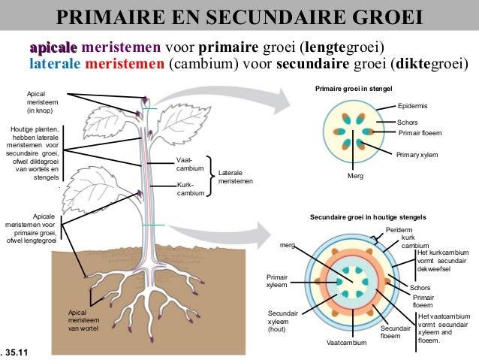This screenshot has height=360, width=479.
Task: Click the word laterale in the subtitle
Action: click(x=53, y=62)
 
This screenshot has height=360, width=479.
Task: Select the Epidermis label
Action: click(x=412, y=107)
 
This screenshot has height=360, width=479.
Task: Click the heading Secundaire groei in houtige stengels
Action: click(x=364, y=216)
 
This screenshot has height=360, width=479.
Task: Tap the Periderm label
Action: click(x=399, y=229)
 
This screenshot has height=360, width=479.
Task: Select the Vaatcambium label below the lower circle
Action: click(x=347, y=343)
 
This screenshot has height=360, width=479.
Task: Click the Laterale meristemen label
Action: click(x=236, y=177)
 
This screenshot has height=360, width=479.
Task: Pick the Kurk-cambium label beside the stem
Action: click(x=185, y=189)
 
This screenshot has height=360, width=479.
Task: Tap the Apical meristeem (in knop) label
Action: click(x=42, y=101)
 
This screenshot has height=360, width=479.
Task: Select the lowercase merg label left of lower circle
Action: click(x=287, y=245)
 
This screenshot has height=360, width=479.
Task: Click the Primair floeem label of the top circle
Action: click(x=420, y=133)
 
